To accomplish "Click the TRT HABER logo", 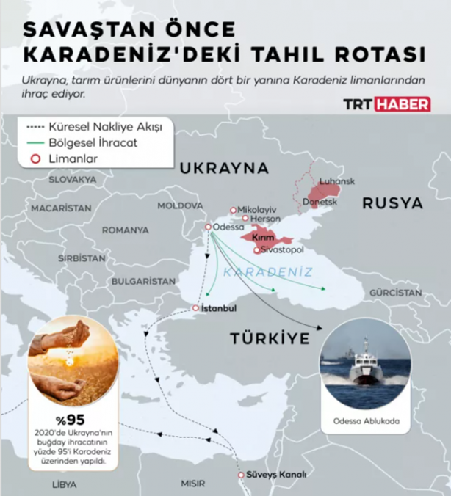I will click(x=388, y=105).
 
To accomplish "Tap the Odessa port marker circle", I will click(x=208, y=227).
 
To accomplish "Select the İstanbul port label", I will click(x=217, y=308).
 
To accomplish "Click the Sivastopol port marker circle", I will click(x=256, y=250).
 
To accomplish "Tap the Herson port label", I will click(x=265, y=219).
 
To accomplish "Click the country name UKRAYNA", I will click(x=225, y=168).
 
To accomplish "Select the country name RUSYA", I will click(x=392, y=203).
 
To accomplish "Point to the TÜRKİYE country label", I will click(x=269, y=338).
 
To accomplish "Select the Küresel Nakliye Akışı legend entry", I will click(x=104, y=126).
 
